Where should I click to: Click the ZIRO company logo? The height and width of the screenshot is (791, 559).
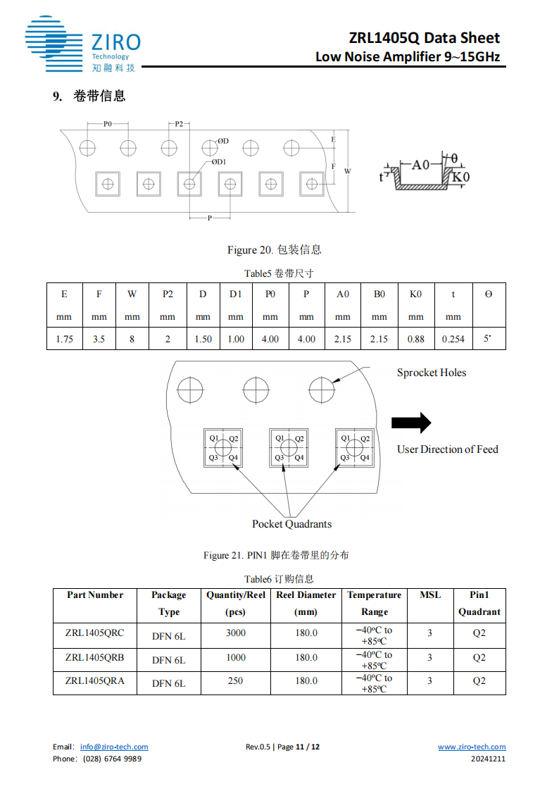coord(82,44)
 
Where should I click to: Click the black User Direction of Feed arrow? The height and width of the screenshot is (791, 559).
coord(411,423)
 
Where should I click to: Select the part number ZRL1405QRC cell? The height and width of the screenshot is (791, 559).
coord(94,633)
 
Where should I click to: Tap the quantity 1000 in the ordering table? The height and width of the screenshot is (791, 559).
coord(236,657)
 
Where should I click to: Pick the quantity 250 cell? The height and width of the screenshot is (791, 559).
coord(236,680)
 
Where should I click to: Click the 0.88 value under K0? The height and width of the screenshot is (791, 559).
coord(415,339)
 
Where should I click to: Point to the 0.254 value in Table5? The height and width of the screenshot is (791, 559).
coord(453,339)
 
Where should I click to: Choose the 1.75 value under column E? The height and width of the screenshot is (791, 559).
coord(64,339)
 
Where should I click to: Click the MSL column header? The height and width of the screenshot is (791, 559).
coord(430,595)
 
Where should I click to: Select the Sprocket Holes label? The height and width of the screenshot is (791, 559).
coord(431,373)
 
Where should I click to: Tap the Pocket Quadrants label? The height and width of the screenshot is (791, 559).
coord(291,523)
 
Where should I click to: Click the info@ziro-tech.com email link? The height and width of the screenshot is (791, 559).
coord(114,747)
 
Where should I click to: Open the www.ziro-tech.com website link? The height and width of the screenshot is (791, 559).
coord(472,747)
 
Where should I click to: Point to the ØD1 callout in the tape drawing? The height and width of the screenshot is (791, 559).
coord(219,162)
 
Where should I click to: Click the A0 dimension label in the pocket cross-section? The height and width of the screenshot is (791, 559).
coord(420,164)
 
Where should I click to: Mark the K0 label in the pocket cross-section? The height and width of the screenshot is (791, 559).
coord(459,177)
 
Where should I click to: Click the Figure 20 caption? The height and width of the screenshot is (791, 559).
coord(274,250)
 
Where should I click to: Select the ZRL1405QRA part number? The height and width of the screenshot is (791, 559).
coord(94,680)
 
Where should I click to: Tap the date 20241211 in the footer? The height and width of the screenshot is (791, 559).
coord(488,759)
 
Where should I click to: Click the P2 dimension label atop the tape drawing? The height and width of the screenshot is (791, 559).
coord(179,124)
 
